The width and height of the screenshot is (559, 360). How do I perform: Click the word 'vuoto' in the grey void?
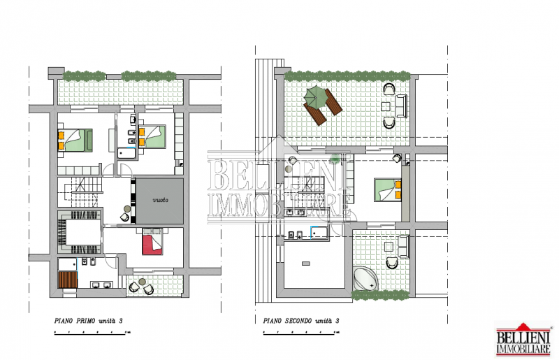161,200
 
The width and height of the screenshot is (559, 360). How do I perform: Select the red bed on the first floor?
152,242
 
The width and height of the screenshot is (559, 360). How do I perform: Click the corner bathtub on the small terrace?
365,280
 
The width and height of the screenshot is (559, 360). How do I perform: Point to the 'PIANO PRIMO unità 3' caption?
89,321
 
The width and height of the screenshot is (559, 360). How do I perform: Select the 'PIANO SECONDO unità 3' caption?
301,321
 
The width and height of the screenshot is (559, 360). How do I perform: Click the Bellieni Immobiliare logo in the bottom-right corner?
523,340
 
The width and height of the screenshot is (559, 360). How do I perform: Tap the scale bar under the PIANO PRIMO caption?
92,333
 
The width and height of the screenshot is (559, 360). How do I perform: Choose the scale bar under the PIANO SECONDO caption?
301,333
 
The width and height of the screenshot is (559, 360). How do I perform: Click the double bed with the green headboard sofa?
75,141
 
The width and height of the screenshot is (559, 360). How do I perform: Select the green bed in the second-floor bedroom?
388,190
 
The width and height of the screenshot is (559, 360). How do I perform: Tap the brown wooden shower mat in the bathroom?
68,280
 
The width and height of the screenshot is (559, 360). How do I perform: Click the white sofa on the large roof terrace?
401,106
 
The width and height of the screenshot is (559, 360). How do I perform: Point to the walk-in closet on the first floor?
80,232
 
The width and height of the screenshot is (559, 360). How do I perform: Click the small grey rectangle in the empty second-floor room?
306,264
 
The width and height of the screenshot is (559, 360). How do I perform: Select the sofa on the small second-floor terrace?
404,247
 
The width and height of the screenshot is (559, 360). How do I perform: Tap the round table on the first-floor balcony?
143,282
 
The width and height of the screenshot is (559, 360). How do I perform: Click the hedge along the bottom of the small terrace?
380,295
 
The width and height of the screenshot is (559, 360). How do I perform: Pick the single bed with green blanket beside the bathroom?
152,136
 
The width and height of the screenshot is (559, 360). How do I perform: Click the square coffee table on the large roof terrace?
386,106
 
